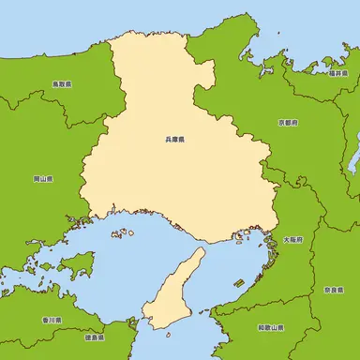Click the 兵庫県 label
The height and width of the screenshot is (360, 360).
(x=174, y=140)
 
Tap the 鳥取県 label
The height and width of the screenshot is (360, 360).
(x=62, y=83)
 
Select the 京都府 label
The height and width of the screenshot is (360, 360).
(x=288, y=123)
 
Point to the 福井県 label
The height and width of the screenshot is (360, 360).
(x=338, y=73)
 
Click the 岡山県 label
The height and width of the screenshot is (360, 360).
(x=43, y=177)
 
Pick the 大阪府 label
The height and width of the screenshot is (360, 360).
(x=292, y=240)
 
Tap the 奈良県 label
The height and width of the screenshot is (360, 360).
(x=334, y=291)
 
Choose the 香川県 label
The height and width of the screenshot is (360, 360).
(x=52, y=320)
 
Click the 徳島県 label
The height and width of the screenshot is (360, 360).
(x=93, y=336)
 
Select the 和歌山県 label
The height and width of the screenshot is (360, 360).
(x=271, y=328)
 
